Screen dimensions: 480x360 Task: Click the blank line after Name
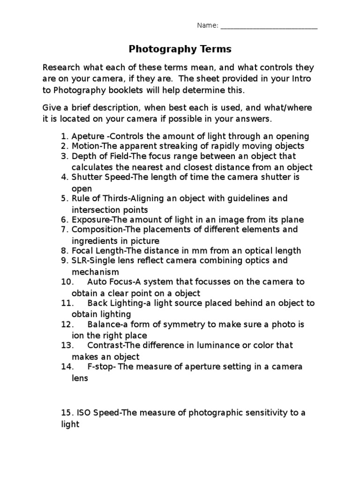(x=269, y=27)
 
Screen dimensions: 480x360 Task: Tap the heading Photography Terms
(x=180, y=49)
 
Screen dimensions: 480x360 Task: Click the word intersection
(x=95, y=210)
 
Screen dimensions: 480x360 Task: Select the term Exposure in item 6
(x=89, y=219)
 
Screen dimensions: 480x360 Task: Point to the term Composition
(x=96, y=229)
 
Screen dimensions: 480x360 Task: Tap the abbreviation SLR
(x=79, y=260)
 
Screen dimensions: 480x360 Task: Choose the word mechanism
(x=95, y=272)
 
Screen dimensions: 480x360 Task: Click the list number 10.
(x=67, y=282)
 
